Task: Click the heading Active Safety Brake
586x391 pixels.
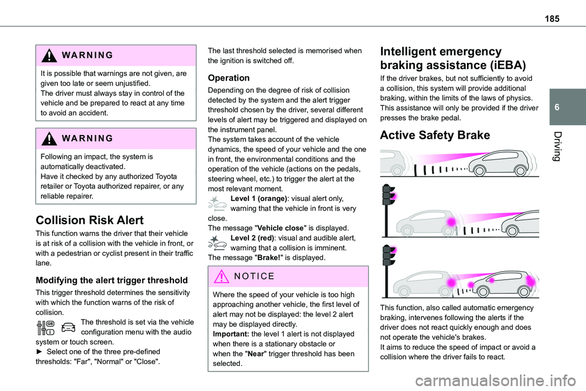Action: (435, 136)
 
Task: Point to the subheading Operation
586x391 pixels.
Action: (229, 78)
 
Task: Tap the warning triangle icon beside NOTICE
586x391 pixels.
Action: (220, 277)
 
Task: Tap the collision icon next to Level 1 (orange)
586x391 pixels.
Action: (218, 204)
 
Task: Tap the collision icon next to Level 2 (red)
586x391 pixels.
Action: (218, 244)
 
